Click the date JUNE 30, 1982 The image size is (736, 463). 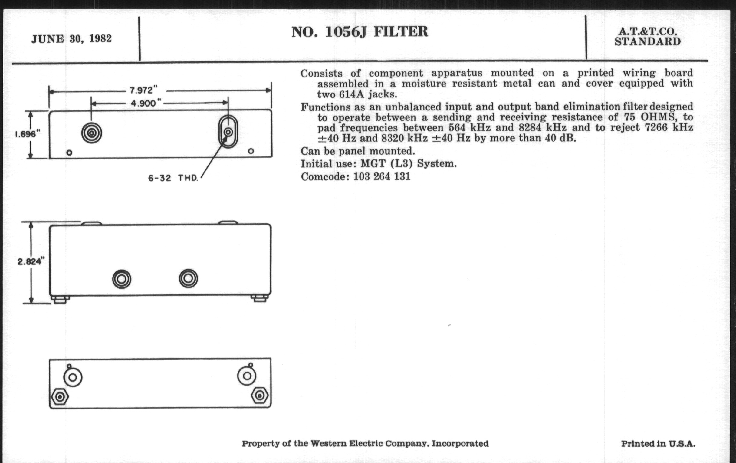[71, 39]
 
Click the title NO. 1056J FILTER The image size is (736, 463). [360, 32]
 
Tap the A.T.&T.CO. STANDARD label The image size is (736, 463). [648, 36]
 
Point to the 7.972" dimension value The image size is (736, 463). [143, 90]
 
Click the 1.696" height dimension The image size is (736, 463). [28, 134]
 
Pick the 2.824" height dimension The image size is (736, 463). [31, 261]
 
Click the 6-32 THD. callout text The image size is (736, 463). [173, 178]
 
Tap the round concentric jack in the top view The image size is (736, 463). [92, 133]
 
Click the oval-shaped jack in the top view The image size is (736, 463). [228, 132]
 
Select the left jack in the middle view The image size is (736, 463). [122, 279]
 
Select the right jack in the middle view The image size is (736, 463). [188, 278]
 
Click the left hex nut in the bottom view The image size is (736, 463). [60, 397]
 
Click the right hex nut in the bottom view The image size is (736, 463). [260, 396]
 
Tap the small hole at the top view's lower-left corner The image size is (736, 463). [69, 153]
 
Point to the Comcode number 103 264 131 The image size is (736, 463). [382, 177]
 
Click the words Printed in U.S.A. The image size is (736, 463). [658, 444]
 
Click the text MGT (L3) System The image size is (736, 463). [409, 164]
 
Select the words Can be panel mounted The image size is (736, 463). [358, 151]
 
